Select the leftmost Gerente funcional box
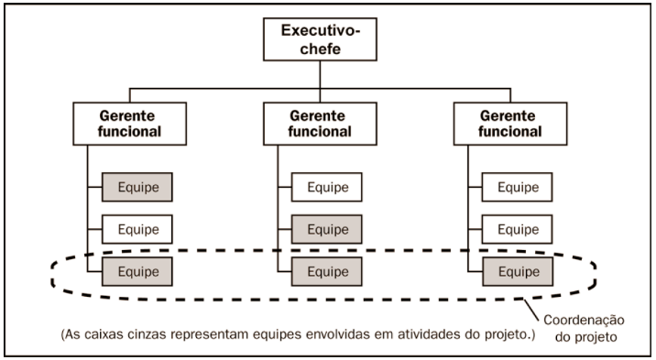(129, 124)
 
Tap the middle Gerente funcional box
(320, 124)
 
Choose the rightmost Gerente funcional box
(510, 124)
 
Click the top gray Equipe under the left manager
(137, 188)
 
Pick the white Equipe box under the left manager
(137, 229)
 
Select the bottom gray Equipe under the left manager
(137, 271)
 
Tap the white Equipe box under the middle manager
(327, 188)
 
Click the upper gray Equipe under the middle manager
(327, 229)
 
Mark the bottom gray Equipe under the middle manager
(327, 271)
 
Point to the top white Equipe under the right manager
(518, 188)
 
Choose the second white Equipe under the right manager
(518, 229)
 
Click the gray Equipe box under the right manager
(518, 271)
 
